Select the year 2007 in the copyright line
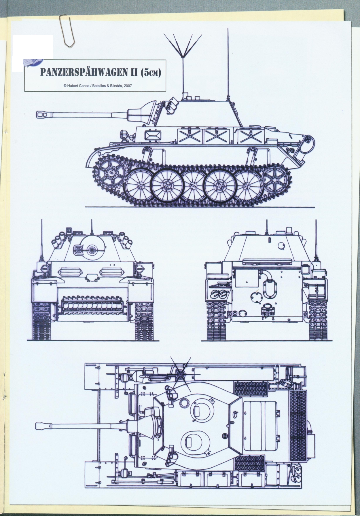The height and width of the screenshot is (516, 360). coord(127,86)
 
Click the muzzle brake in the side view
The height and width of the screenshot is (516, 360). coord(42,114)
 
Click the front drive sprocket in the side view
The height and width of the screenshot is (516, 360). coord(111,171)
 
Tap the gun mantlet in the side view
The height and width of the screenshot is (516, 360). coord(141,112)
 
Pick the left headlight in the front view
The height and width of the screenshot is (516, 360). coord(44,268)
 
